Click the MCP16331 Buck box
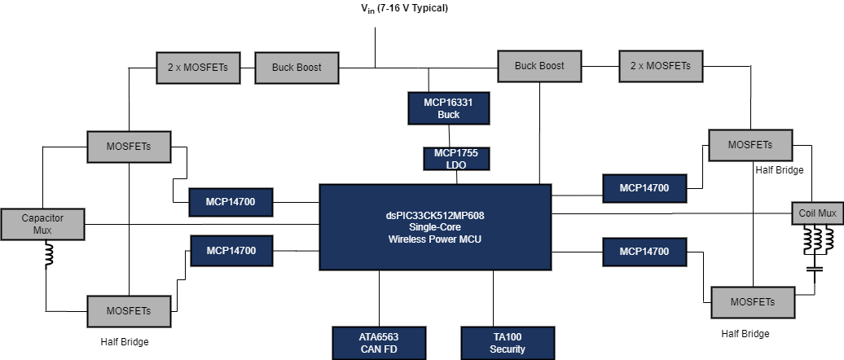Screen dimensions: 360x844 click(448, 108)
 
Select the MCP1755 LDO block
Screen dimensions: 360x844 click(456, 159)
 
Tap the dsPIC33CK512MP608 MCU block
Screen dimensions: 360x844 click(435, 227)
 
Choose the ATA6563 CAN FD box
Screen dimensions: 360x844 click(379, 343)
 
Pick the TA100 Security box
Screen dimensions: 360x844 click(508, 343)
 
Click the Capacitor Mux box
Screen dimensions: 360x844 click(42, 224)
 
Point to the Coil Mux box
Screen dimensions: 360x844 click(817, 213)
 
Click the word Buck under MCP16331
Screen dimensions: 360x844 click(448, 115)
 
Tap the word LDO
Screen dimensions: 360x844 click(456, 165)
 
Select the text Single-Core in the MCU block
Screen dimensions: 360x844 click(435, 227)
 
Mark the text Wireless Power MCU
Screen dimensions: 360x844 click(435, 239)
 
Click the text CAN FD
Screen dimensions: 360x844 click(379, 349)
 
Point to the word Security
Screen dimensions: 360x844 click(508, 349)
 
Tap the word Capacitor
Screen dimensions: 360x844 click(42, 217)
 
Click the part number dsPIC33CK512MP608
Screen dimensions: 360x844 click(435, 216)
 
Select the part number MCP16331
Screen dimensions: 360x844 click(448, 102)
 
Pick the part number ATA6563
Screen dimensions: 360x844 click(379, 336)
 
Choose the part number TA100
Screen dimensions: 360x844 click(508, 336)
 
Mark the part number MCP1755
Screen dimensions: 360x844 click(456, 153)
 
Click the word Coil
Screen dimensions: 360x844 click(808, 213)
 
